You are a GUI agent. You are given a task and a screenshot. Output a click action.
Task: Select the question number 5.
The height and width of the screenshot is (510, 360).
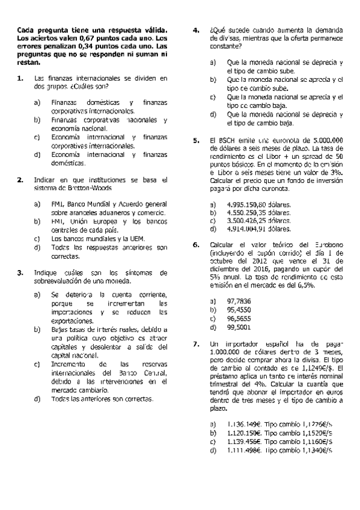[195, 140]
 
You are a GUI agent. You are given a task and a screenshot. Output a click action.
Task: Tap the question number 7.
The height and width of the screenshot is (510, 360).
[195, 344]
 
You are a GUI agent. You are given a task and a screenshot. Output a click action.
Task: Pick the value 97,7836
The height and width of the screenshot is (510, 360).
[239, 300]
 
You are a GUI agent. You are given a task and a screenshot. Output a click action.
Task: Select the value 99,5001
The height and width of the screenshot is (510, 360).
[239, 327]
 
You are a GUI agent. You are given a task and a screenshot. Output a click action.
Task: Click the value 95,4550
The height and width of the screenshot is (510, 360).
[239, 309]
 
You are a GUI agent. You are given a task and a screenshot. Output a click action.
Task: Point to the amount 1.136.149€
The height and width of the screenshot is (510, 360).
[244, 425]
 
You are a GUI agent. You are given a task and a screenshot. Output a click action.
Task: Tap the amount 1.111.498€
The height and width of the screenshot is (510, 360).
[244, 450]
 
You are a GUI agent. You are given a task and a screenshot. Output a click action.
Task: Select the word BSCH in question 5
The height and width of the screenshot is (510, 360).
[227, 140]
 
